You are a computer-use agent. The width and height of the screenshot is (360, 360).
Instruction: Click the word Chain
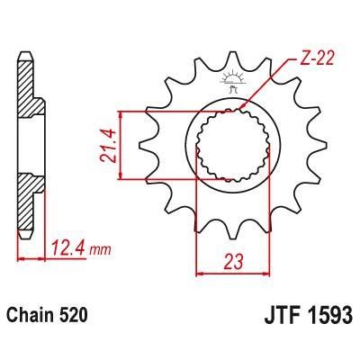point(32,316)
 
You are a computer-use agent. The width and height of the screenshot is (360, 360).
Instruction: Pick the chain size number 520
point(74,316)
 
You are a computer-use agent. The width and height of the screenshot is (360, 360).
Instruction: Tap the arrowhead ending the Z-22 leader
point(247,110)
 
